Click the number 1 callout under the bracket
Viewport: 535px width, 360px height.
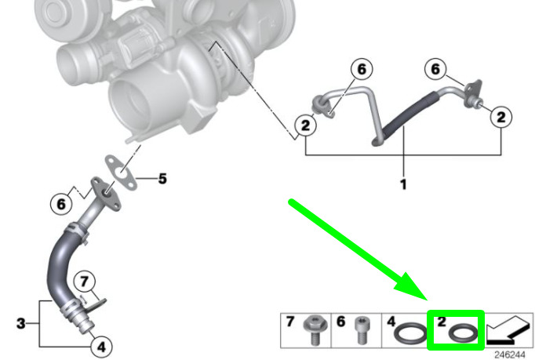click(403, 184)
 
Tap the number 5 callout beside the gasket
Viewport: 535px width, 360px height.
click(162, 179)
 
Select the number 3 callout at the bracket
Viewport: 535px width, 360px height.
click(21, 323)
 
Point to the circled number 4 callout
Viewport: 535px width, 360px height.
click(101, 347)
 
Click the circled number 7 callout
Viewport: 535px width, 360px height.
click(85, 282)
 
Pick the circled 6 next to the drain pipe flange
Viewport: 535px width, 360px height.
click(61, 204)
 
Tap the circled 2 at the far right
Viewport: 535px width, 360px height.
click(501, 117)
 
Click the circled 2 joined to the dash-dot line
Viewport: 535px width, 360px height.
click(305, 125)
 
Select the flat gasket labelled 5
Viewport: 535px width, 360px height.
click(121, 173)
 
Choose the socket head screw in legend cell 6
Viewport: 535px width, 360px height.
click(362, 330)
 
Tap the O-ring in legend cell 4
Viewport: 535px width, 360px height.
click(410, 333)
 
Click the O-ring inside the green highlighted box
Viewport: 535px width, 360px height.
click(463, 333)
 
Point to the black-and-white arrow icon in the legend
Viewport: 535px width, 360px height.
click(509, 330)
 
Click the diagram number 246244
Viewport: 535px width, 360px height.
click(510, 355)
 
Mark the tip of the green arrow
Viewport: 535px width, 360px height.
click(428, 300)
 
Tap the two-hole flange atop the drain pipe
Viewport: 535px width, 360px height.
click(106, 193)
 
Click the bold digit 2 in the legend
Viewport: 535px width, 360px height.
click(442, 322)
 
